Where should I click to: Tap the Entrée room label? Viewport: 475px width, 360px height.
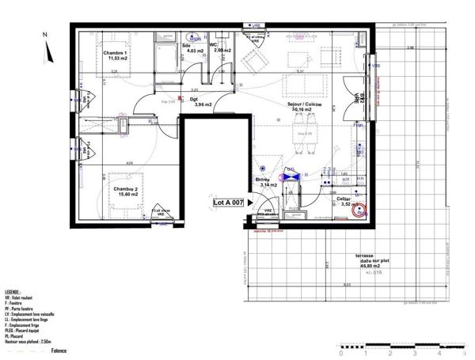click(x=262, y=182)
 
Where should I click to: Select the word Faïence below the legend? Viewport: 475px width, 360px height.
click(x=59, y=351)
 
